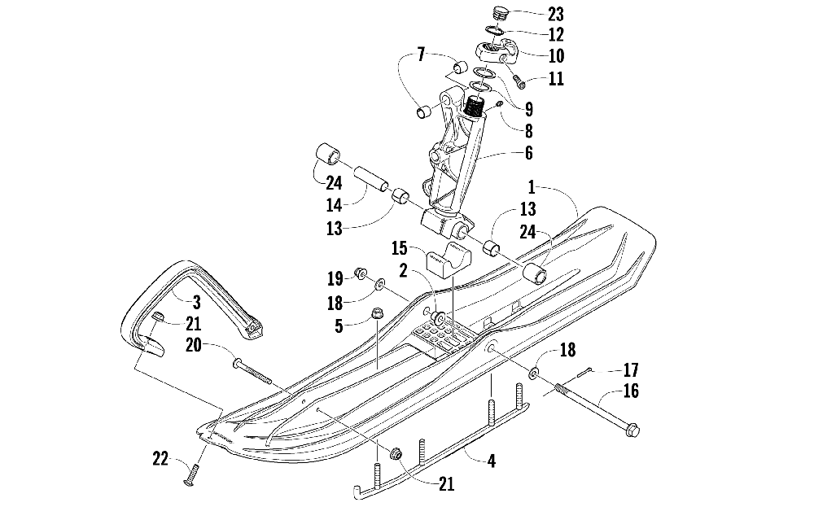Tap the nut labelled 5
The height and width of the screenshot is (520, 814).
click(x=376, y=314)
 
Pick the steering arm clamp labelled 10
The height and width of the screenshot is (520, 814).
click(x=497, y=50)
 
